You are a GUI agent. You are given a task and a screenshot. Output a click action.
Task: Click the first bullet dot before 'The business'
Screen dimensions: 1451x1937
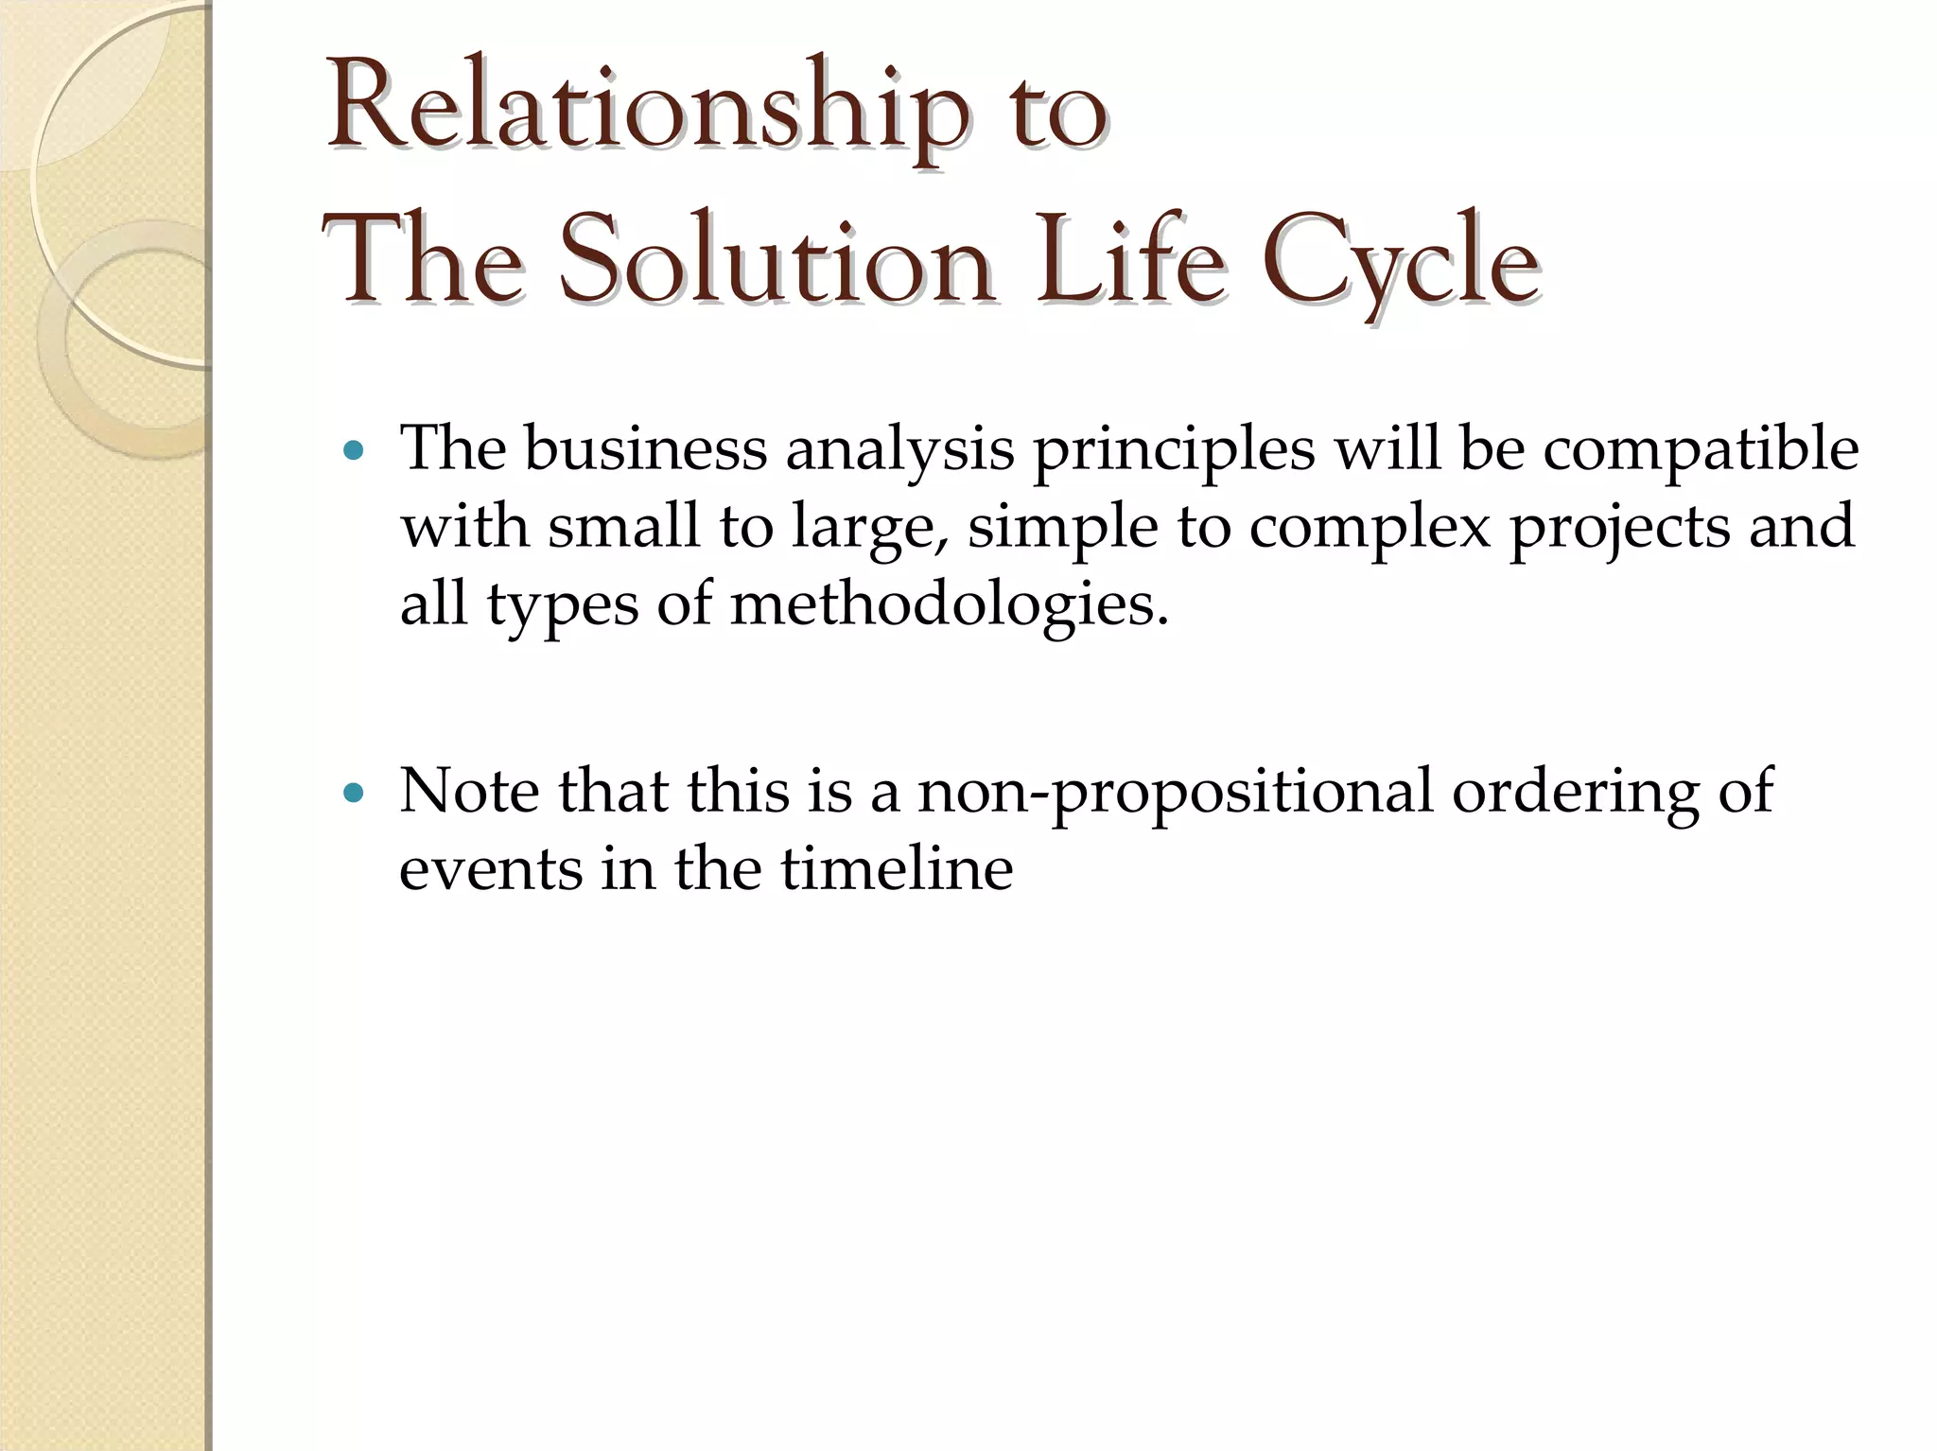(354, 451)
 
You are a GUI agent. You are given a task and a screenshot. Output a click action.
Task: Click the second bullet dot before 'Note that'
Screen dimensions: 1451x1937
(354, 794)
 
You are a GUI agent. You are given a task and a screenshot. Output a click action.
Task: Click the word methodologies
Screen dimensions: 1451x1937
(949, 605)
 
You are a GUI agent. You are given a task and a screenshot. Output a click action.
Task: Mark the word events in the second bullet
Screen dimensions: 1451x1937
(491, 868)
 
